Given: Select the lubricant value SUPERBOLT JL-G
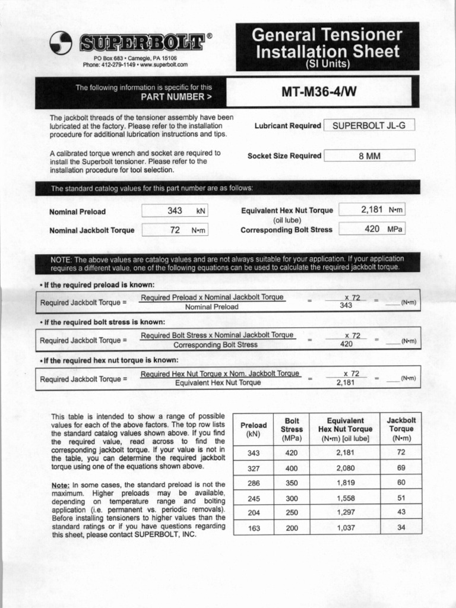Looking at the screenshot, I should (369, 125).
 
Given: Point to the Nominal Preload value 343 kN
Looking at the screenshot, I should (175, 211).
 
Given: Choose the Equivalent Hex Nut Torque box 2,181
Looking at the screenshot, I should (371, 210).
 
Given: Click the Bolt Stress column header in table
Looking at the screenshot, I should (292, 429).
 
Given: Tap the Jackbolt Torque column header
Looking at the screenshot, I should (401, 429).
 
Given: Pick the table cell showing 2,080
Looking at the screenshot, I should (345, 468).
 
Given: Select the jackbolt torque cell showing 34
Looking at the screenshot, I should (401, 527).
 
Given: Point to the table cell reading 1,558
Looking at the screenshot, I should (345, 498).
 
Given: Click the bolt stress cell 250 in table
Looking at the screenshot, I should (292, 512).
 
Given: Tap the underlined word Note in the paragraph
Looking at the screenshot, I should (61, 485).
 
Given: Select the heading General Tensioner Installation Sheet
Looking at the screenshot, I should (327, 43).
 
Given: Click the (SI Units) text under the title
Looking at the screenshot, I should (327, 64).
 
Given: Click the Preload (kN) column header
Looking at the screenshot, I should (254, 429).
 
